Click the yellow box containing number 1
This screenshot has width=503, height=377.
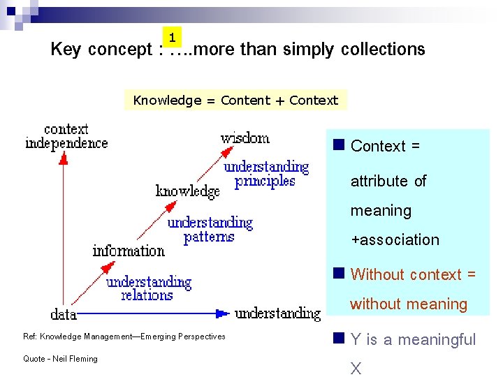click(x=172, y=37)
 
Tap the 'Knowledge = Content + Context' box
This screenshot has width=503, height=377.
click(x=235, y=100)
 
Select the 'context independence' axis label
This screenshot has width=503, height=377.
click(x=66, y=136)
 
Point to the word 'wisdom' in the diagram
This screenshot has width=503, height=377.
click(x=245, y=138)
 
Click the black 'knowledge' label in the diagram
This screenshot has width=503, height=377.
click(x=187, y=191)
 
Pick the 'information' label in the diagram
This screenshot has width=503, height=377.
click(x=129, y=251)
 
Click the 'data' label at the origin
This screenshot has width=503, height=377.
click(x=64, y=313)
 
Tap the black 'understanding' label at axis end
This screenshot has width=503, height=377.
click(x=278, y=313)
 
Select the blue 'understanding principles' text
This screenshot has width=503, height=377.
click(x=266, y=174)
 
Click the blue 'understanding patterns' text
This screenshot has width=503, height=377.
click(x=210, y=230)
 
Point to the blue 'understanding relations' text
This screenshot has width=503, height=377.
click(x=148, y=288)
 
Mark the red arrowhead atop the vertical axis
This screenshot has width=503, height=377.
click(x=62, y=158)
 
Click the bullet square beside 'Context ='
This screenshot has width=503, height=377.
click(x=339, y=145)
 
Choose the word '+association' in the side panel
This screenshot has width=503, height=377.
click(x=395, y=240)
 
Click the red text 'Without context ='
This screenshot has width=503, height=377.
click(x=413, y=275)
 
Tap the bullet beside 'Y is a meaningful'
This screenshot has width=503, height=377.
click(x=339, y=339)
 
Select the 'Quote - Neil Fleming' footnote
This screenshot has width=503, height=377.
click(x=60, y=359)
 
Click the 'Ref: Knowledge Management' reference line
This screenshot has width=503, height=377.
click(x=124, y=337)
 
